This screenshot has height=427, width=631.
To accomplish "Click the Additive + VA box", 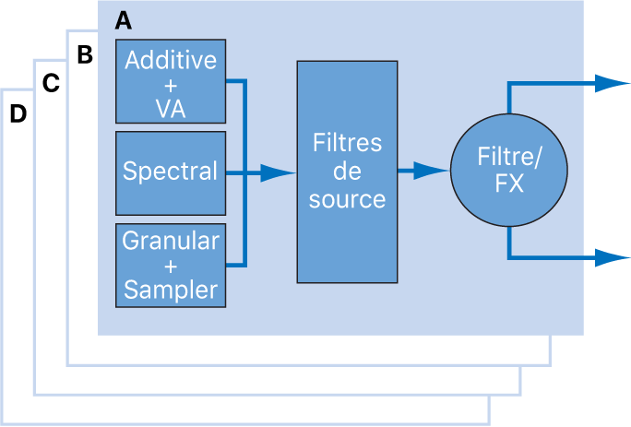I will click(170, 81).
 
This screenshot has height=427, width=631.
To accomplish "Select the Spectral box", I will click(170, 172).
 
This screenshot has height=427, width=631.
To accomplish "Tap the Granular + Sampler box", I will click(170, 265).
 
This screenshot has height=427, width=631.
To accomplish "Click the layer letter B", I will click(85, 55).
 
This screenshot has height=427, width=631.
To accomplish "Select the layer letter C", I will click(52, 84).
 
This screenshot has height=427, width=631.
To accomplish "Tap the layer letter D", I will click(18, 114).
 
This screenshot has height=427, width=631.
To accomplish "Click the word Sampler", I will click(171, 290).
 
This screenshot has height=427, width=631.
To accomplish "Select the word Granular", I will click(171, 242).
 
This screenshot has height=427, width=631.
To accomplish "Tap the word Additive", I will click(171, 61).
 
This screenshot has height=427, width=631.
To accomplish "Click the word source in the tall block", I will click(346, 197).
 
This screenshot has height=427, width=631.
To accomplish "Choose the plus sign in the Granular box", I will click(171, 266).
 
